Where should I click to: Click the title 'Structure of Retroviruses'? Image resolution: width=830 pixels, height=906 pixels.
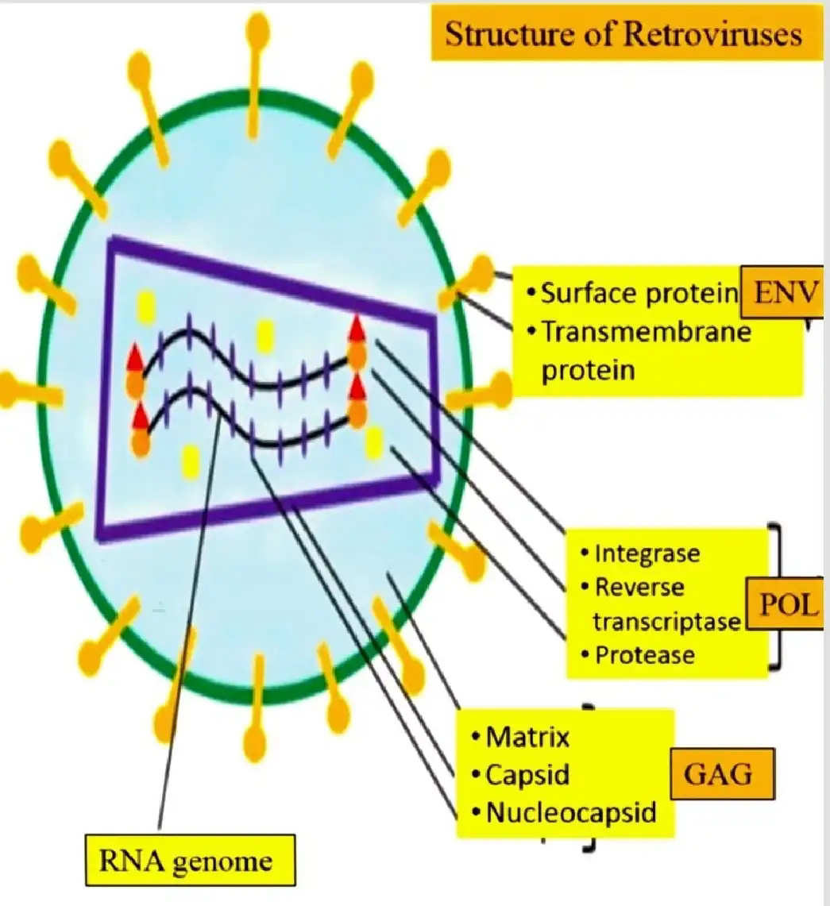coord(623,35)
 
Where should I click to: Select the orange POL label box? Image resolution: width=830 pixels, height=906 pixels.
coord(788,607)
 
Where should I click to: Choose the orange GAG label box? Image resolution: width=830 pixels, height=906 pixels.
coord(723,774)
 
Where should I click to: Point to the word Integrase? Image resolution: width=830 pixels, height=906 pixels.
coord(647,553)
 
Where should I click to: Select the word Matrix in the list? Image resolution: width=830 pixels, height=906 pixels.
coord(528,738)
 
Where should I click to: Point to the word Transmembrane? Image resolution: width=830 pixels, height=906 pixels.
coord(646,332)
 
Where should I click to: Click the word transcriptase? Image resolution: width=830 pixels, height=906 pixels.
coord(666,622)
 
